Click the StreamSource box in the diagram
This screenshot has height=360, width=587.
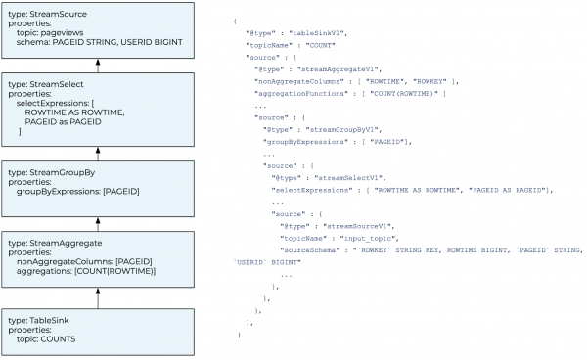click(x=98, y=30)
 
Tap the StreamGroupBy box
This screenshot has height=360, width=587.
click(x=98, y=185)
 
